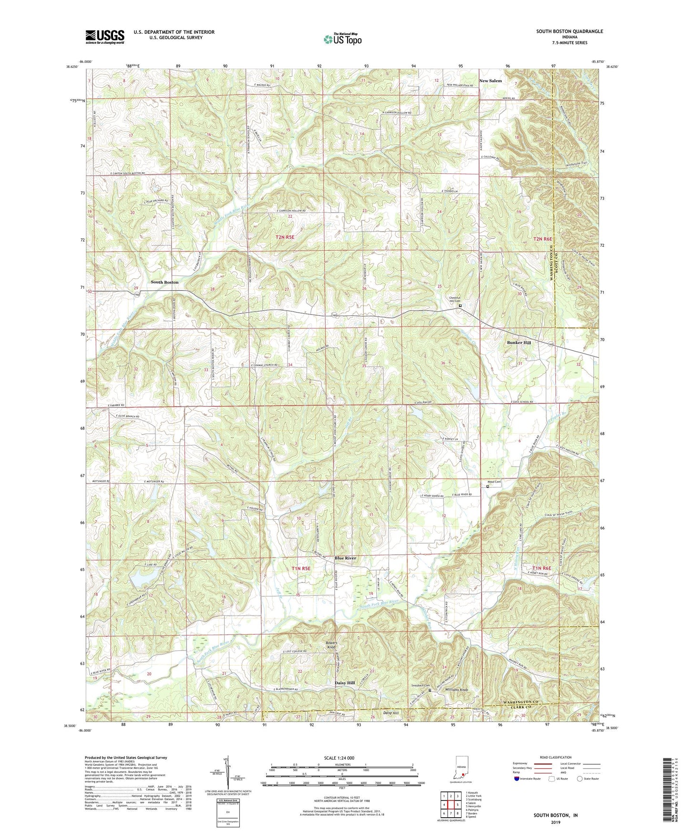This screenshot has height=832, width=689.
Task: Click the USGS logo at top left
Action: (x=104, y=37)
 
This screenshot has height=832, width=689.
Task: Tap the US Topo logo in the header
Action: (x=342, y=40)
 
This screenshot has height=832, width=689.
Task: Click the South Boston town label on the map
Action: (x=165, y=282)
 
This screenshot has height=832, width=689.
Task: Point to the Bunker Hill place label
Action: (x=519, y=343)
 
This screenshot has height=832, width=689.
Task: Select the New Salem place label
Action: (x=490, y=81)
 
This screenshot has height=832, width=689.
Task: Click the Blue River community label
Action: (x=345, y=558)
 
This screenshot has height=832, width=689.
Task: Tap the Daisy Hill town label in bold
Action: (x=344, y=683)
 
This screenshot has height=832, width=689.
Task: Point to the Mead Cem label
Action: (x=494, y=482)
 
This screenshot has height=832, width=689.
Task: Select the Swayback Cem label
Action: (x=420, y=686)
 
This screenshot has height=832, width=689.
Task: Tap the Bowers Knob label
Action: (x=331, y=646)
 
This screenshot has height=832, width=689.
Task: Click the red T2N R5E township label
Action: (x=285, y=237)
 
